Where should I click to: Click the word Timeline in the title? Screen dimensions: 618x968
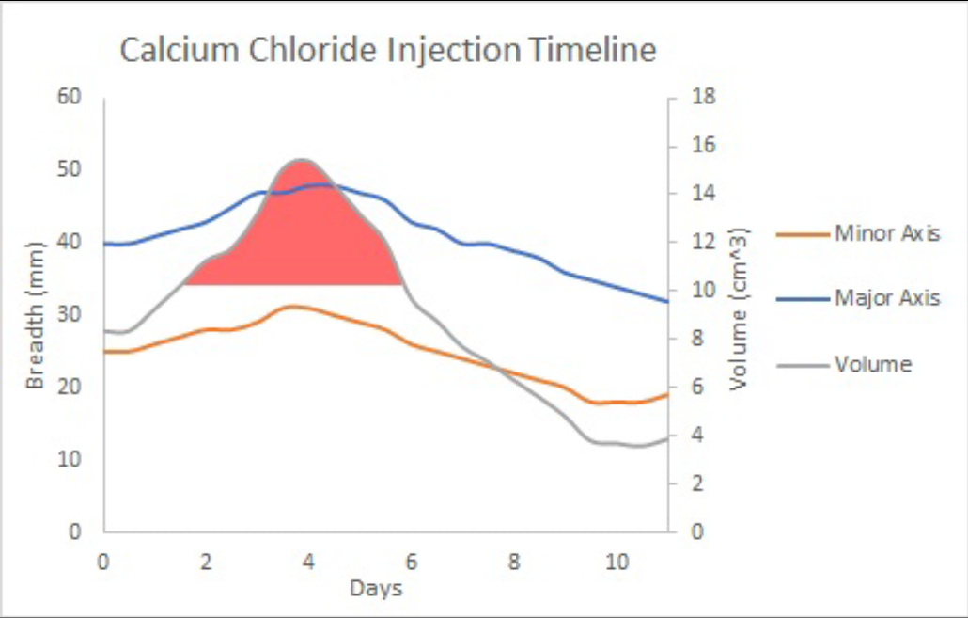coord(590,50)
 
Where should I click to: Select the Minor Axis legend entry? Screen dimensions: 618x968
coord(887,233)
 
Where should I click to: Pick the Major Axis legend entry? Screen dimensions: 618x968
coord(887,298)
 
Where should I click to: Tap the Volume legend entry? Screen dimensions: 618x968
coord(873,364)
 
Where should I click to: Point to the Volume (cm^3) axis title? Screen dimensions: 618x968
coord(738,310)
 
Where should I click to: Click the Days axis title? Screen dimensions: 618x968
coord(376,590)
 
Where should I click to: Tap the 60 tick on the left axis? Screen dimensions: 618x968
coord(70,97)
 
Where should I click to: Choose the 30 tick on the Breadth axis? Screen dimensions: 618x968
coord(70,314)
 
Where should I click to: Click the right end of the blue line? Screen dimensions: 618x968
coord(667,301)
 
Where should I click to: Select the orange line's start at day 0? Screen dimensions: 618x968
coord(105,351)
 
